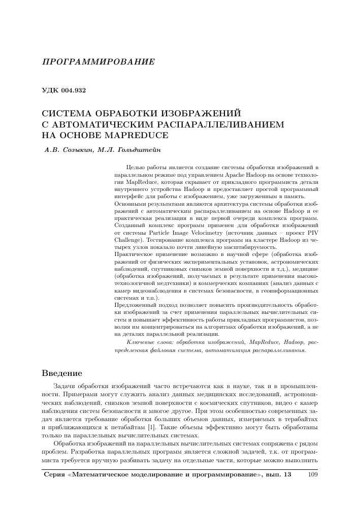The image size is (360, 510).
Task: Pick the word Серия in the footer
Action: [x=52, y=474]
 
